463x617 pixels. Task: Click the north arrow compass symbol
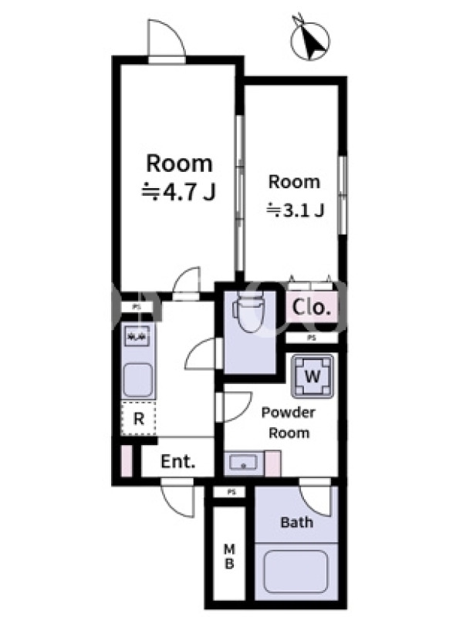tap(311, 39)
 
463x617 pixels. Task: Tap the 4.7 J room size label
tap(179, 192)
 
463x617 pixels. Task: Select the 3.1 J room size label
tap(296, 211)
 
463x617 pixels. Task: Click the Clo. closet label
tap(311, 307)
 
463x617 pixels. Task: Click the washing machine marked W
tap(313, 376)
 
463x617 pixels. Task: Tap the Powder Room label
tap(289, 423)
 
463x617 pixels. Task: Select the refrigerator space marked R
tap(138, 418)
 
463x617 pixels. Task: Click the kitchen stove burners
tap(137, 336)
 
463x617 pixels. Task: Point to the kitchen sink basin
tap(138, 380)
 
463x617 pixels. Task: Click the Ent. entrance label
tap(178, 461)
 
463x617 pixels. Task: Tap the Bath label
tap(297, 523)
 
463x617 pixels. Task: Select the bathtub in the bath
tap(296, 571)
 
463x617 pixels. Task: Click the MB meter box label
tap(229, 556)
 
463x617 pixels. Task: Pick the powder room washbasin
tap(244, 463)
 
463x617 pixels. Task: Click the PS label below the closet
tap(312, 338)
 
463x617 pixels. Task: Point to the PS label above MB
tap(231, 492)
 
